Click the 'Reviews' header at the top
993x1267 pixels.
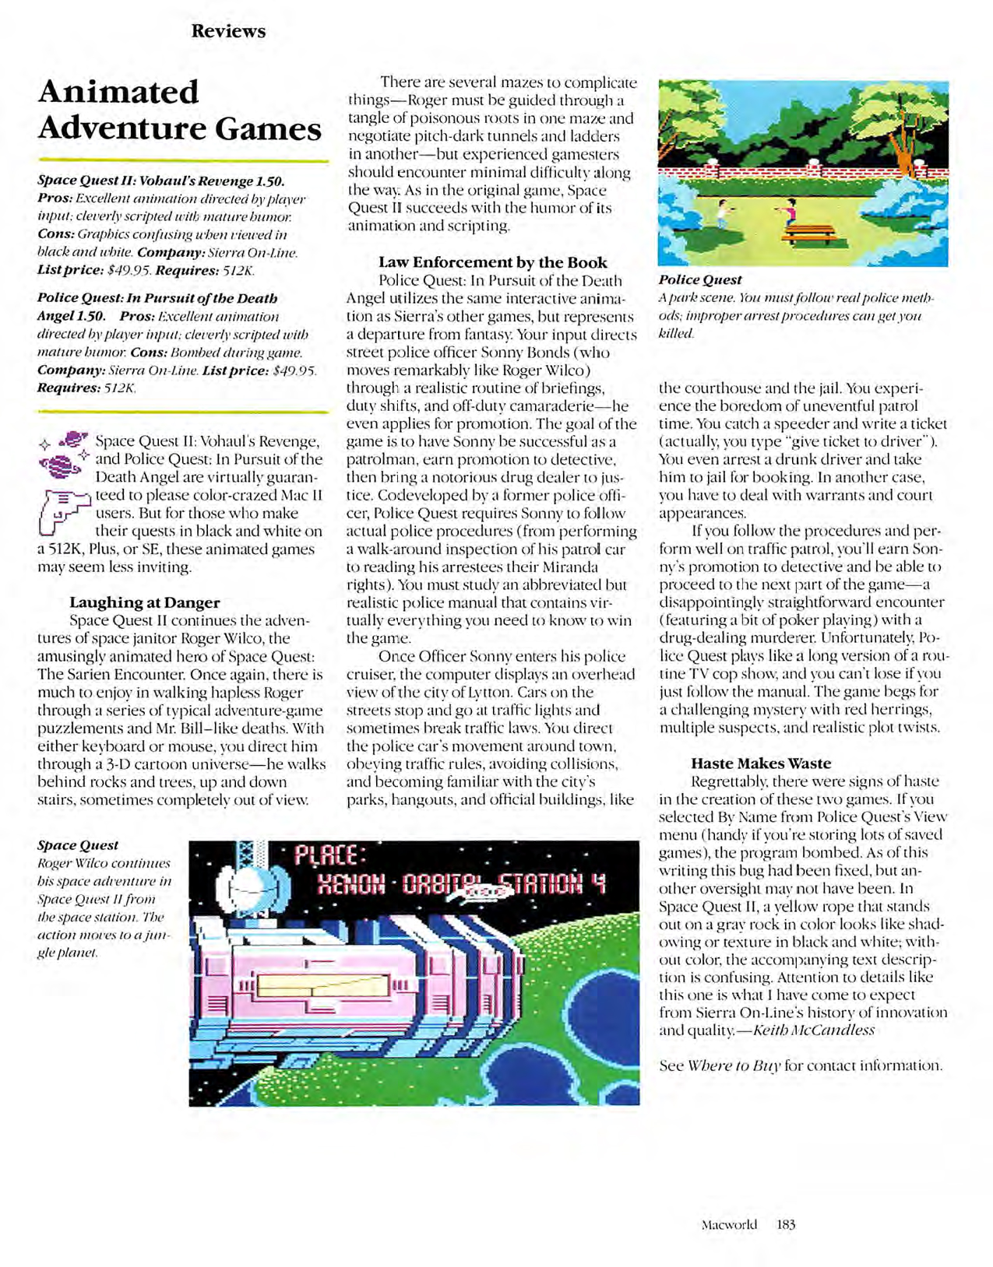228,31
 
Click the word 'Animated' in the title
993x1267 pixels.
118,92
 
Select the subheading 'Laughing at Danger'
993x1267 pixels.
144,602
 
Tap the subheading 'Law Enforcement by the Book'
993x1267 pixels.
492,262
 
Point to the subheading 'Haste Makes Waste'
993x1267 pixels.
760,763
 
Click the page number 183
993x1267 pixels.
786,1224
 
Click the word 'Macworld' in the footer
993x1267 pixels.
728,1224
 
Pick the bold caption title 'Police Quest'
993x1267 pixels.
699,280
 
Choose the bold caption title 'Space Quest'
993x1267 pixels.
78,845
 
